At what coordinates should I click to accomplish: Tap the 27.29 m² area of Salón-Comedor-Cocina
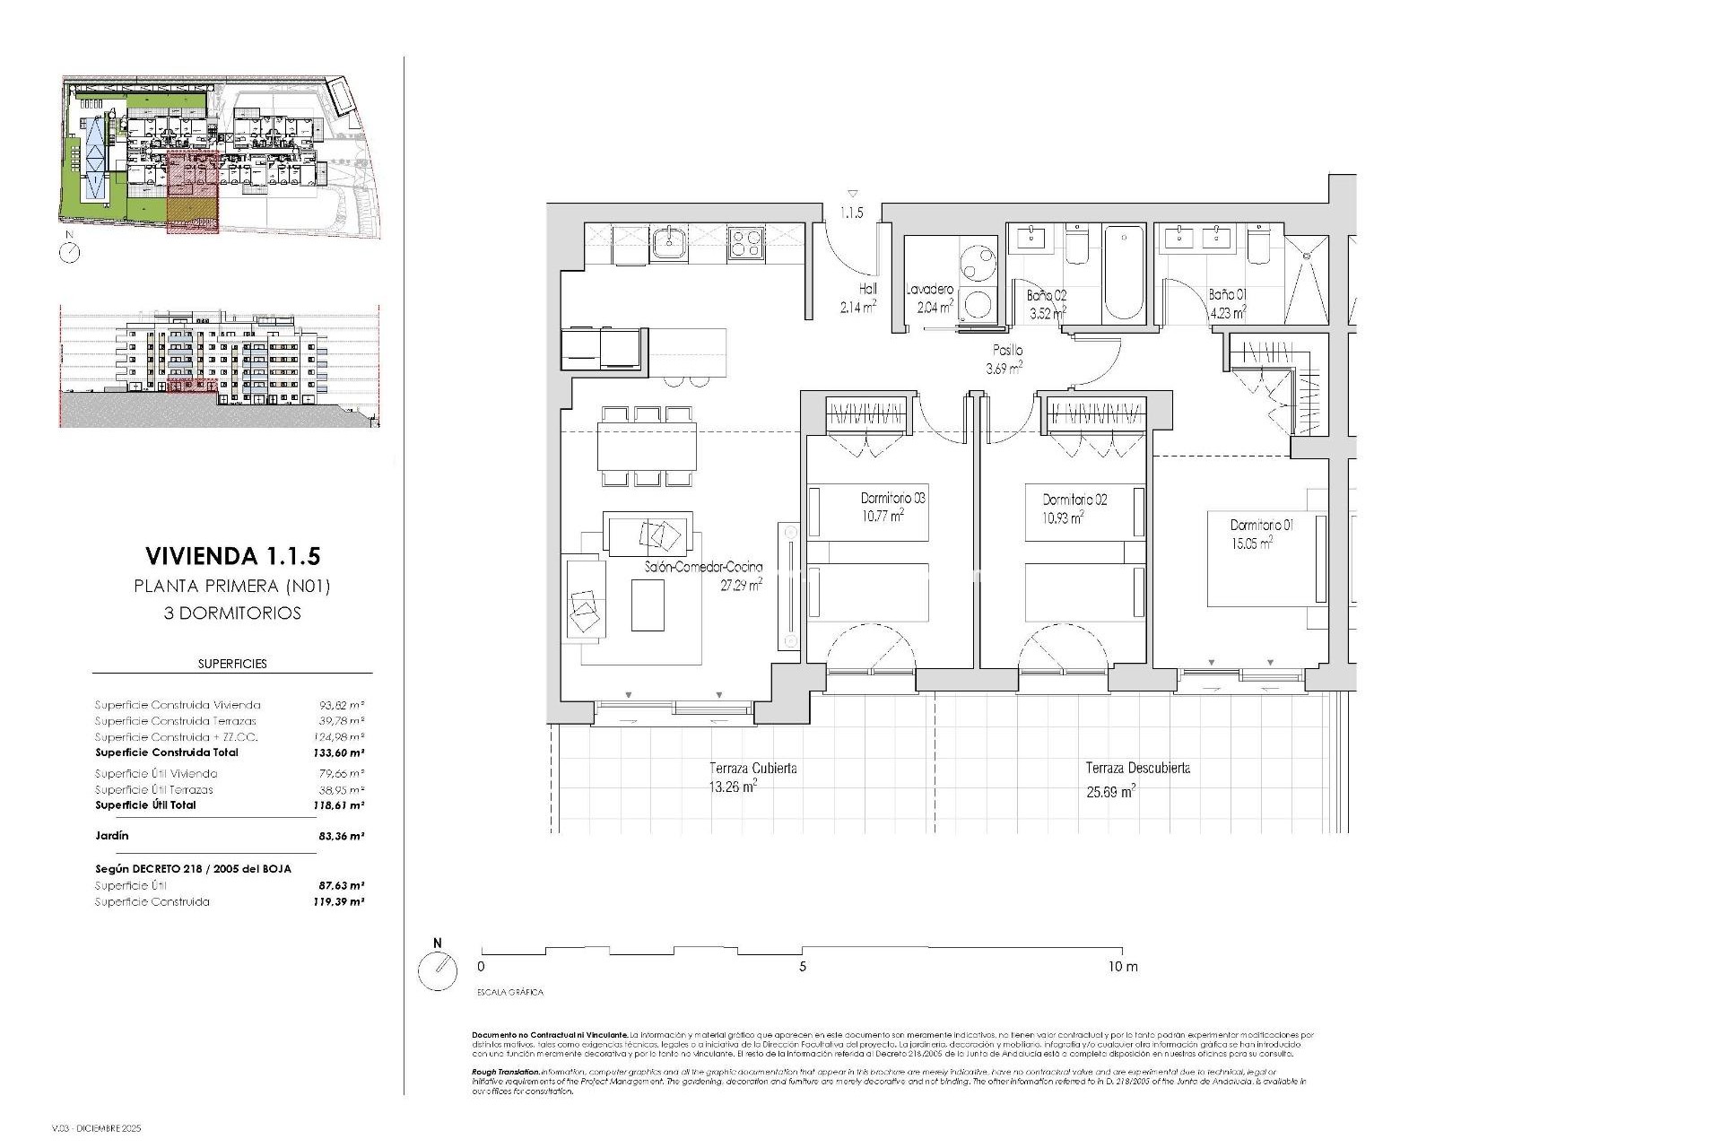click(741, 585)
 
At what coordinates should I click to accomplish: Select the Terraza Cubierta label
click(752, 769)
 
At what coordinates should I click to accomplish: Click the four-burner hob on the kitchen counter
click(746, 242)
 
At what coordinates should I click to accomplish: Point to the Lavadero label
click(929, 290)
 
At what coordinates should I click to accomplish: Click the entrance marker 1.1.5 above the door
click(851, 213)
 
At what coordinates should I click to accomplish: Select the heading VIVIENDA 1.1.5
click(232, 556)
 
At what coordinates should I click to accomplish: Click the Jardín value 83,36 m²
click(341, 836)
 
